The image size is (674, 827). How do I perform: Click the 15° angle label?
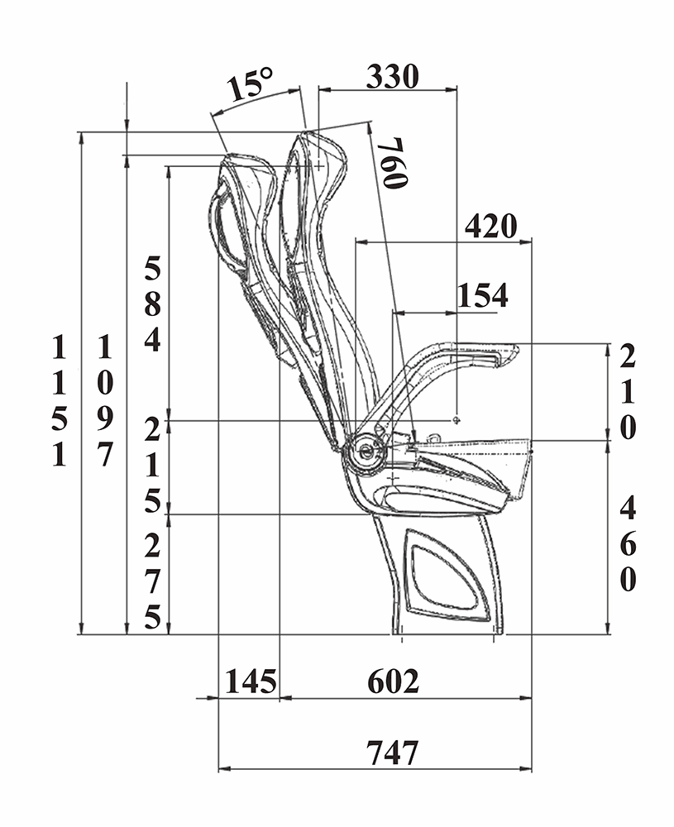pyautogui.click(x=251, y=84)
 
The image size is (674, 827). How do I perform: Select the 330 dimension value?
pyautogui.click(x=393, y=76)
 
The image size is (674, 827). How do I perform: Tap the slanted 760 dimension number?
pyautogui.click(x=395, y=163)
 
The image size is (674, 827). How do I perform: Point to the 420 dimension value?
pyautogui.click(x=491, y=227)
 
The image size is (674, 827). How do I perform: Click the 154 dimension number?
pyautogui.click(x=483, y=295)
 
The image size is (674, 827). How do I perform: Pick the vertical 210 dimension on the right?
pyautogui.click(x=628, y=392)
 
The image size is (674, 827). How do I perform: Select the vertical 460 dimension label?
pyautogui.click(x=628, y=544)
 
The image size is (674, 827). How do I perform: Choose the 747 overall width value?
pyautogui.click(x=393, y=753)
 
